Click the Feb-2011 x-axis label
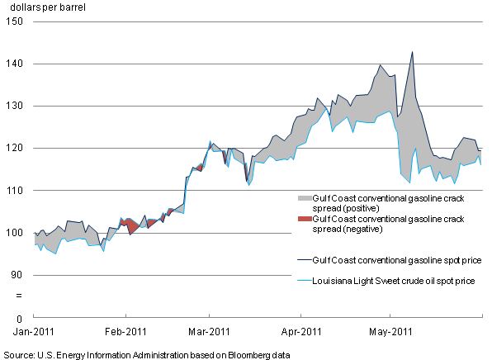(125, 332)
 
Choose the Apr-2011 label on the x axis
(300, 332)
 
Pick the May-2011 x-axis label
(390, 332)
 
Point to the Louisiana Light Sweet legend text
(393, 281)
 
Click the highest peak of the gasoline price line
(412, 52)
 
